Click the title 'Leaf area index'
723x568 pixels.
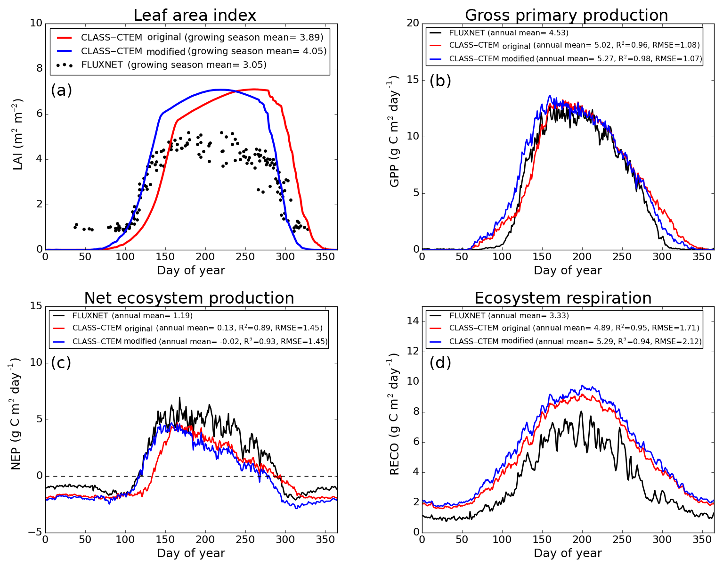(195, 16)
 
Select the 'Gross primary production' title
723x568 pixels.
(566, 16)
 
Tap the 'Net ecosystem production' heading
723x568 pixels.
(189, 298)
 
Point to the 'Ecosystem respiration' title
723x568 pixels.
(563, 298)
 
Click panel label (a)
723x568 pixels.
(61, 90)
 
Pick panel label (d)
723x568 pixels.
(440, 362)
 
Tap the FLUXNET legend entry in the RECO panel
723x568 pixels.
(509, 316)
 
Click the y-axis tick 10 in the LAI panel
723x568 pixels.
(36, 23)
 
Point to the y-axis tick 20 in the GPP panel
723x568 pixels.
(413, 23)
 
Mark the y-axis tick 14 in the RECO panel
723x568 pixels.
(413, 321)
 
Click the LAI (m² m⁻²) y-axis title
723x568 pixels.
(17, 134)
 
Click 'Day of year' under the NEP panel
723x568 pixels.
(191, 553)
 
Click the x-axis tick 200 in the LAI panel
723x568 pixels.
(205, 256)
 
